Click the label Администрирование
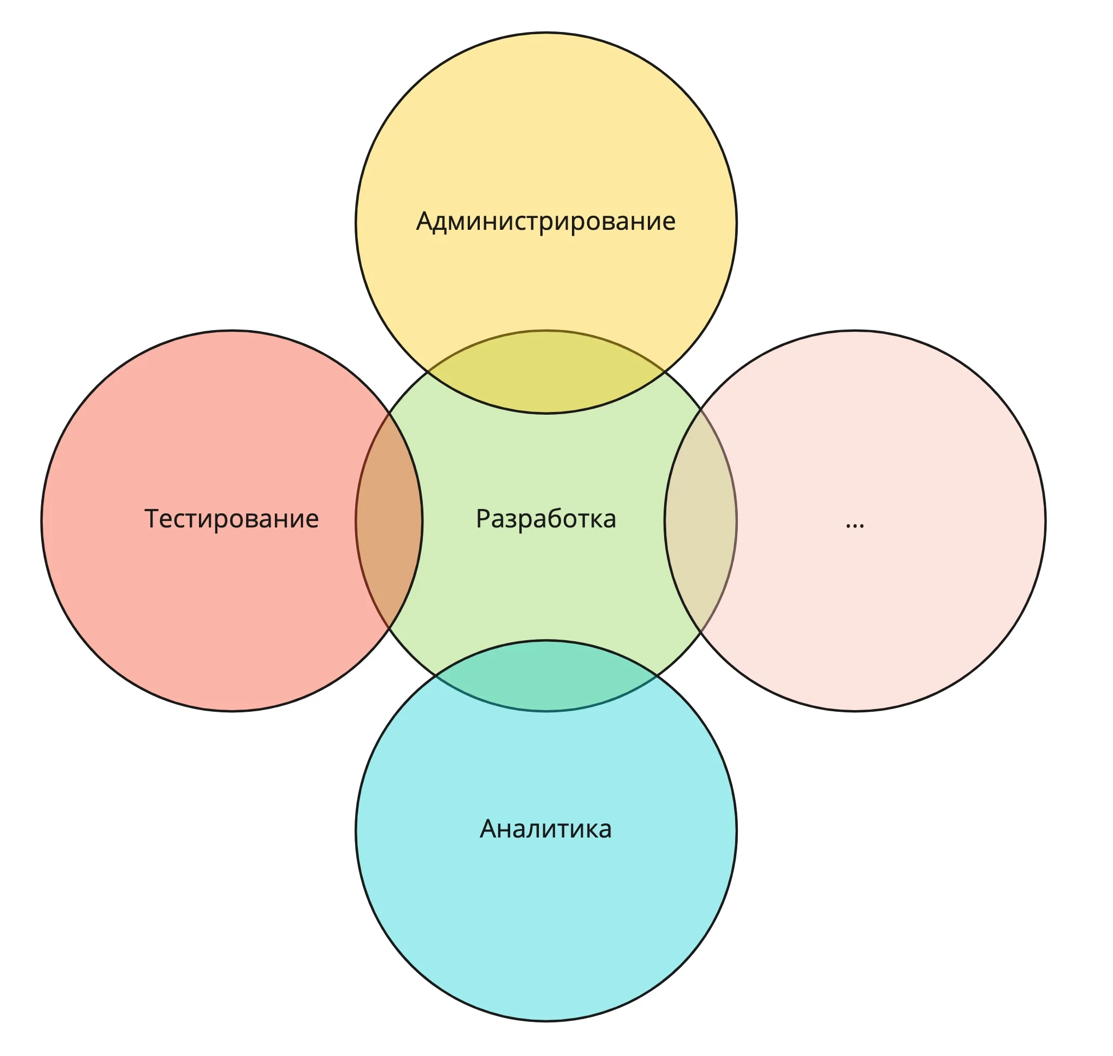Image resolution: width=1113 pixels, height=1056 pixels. tap(545, 222)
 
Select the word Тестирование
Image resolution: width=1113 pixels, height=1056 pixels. tap(231, 518)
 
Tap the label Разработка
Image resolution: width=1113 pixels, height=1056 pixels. tap(545, 519)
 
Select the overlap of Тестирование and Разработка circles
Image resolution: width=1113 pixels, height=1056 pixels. tap(389, 520)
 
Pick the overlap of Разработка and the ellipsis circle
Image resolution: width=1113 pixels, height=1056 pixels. tap(700, 520)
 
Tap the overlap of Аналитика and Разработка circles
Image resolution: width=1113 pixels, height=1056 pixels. tap(545, 675)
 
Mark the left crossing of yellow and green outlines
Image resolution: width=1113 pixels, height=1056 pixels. tap(427, 372)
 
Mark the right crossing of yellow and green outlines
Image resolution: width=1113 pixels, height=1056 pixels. tap(665, 372)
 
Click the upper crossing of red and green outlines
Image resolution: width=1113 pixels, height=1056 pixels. tap(389, 413)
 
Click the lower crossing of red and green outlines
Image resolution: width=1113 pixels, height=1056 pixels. tap(389, 628)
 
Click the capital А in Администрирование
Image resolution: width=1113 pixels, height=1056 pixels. tap(425, 221)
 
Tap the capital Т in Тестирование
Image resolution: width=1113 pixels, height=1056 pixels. tap(152, 518)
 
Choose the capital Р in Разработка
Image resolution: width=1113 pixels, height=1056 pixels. tap(483, 518)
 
